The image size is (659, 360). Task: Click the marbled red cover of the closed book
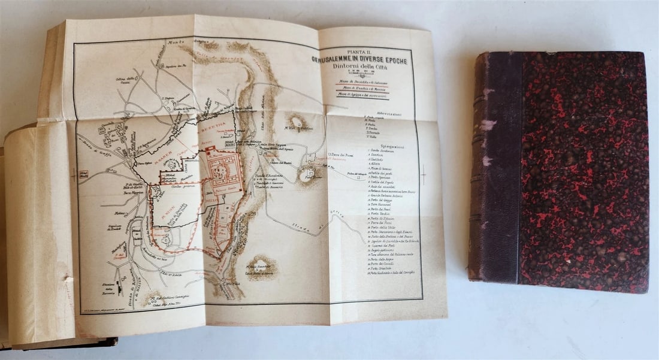tap(581, 168)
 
